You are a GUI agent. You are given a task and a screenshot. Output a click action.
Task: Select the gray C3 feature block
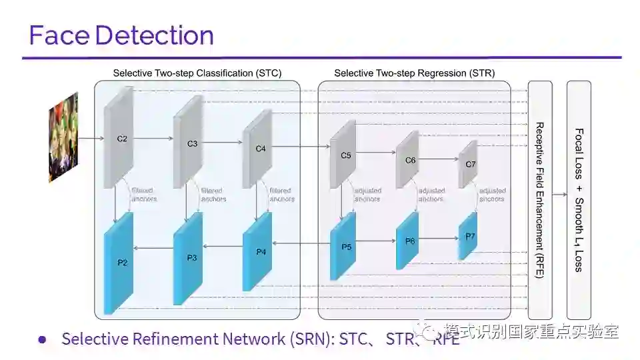[188, 143]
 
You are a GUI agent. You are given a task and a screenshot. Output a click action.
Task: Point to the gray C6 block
[407, 160]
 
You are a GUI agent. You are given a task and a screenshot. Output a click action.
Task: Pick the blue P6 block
[407, 241]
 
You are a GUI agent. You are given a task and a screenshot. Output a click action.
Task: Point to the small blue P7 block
[468, 237]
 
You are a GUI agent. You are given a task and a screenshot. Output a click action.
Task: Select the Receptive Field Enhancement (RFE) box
[540, 200]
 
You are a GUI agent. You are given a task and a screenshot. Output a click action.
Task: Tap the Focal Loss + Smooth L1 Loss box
[579, 200]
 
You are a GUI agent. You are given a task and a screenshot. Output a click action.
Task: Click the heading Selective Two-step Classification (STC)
[197, 73]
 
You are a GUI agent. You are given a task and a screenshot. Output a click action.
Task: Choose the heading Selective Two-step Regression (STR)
[414, 73]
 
